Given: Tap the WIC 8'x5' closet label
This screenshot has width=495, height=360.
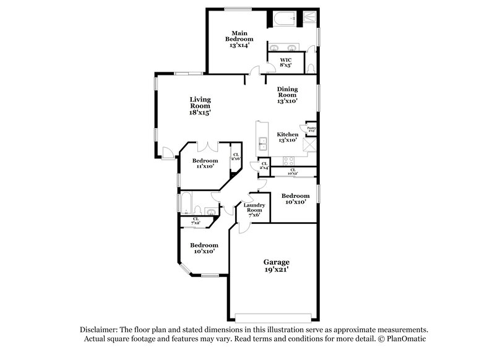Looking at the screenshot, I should click(285, 62).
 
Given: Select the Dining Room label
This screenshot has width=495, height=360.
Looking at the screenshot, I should click(288, 94).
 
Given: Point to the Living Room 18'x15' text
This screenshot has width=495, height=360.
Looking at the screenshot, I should click(200, 106).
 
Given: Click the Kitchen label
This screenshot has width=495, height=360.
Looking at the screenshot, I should click(288, 137).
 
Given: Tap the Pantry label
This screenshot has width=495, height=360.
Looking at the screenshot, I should click(311, 129).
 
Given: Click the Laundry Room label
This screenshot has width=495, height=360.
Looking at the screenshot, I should click(254, 210).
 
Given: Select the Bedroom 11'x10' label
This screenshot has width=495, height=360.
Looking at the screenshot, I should click(204, 163).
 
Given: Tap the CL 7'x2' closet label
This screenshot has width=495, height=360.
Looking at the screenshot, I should click(196, 220).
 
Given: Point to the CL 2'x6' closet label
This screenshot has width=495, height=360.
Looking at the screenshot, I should click(235, 157).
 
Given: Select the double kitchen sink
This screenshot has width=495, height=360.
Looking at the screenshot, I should click(262, 144).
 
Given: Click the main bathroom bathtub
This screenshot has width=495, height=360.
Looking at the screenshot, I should click(285, 19).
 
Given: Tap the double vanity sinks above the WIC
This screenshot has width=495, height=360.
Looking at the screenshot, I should click(284, 48).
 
